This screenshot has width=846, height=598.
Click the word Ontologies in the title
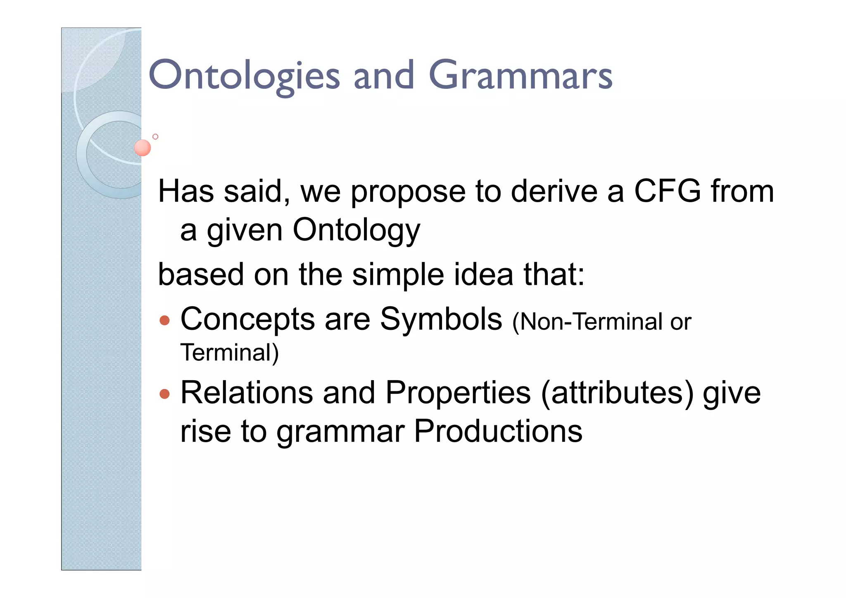(244, 75)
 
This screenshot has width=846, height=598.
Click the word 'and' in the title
(384, 75)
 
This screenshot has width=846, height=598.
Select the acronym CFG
(667, 191)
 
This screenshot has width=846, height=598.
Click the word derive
(554, 191)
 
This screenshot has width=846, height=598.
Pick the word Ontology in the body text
(356, 231)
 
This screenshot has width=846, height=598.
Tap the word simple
(398, 275)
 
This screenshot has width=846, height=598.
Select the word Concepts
(247, 319)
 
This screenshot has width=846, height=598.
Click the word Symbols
(441, 319)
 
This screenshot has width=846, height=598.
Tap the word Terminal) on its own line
(230, 353)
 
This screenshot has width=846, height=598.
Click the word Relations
(247, 392)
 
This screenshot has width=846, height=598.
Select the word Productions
(498, 431)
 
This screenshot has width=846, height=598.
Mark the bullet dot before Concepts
(164, 320)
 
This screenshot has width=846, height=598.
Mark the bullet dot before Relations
(164, 393)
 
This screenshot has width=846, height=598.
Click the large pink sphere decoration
(143, 148)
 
